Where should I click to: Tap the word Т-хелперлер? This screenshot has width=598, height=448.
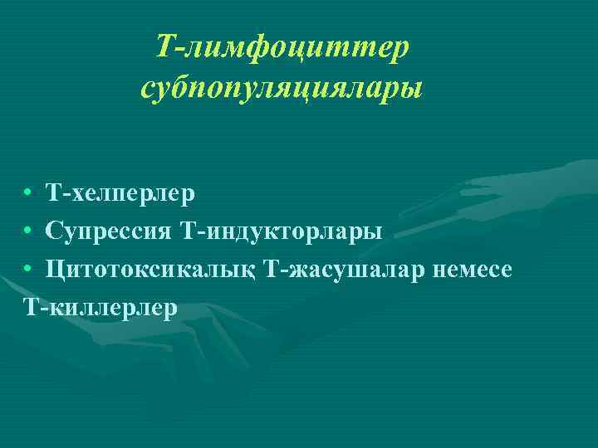click(120, 192)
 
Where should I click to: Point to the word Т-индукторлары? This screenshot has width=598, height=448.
click(280, 231)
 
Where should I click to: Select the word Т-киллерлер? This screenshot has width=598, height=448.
click(100, 307)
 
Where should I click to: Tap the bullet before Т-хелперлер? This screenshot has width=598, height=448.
click(28, 193)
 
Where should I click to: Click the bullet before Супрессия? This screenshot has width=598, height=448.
click(28, 231)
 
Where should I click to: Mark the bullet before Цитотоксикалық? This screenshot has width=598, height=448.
click(28, 270)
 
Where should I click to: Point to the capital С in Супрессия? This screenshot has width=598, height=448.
click(55, 231)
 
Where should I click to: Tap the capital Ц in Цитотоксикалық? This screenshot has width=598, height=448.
click(56, 270)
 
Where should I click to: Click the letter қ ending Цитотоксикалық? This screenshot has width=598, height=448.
click(245, 270)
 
